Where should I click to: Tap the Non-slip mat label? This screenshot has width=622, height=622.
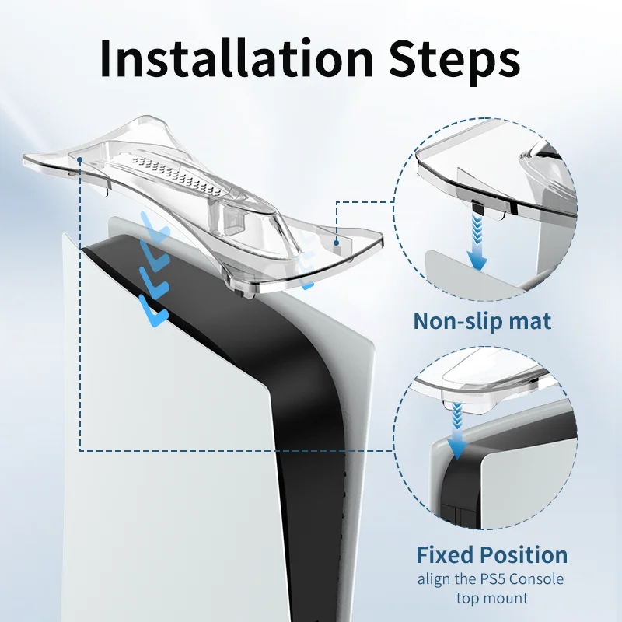(482, 320)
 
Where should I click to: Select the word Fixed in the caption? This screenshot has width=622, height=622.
(445, 554)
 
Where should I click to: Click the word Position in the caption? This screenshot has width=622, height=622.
(523, 554)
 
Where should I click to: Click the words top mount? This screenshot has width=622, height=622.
(492, 598)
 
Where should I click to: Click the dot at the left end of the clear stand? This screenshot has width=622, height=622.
(80, 159)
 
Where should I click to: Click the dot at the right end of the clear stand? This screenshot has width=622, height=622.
(337, 242)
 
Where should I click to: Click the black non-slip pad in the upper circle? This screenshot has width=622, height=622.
(477, 208)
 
